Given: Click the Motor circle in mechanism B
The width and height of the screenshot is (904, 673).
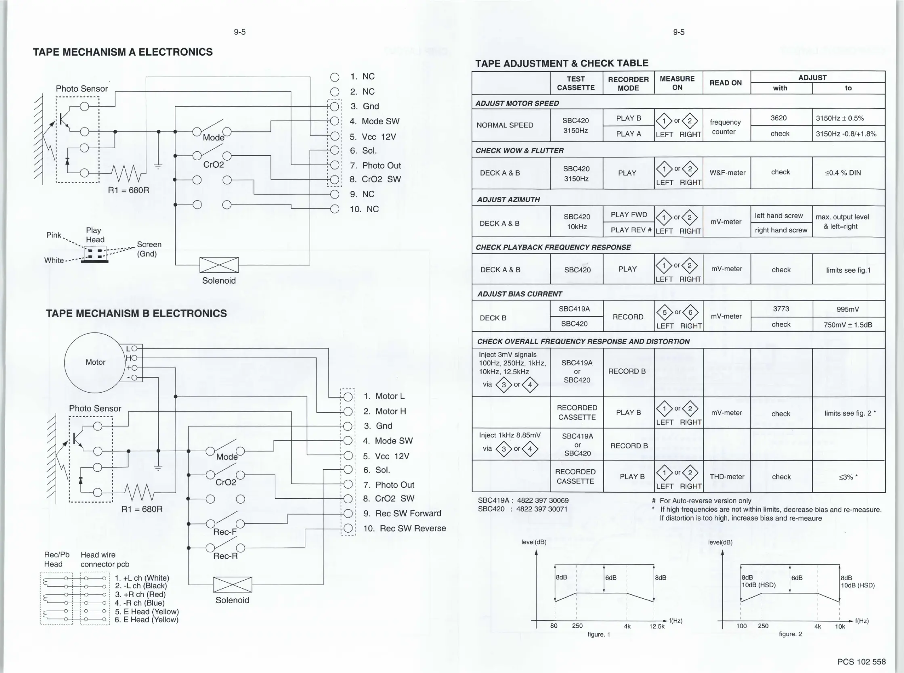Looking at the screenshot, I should pyautogui.click(x=95, y=362).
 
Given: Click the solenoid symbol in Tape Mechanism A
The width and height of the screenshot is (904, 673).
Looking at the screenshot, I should pyautogui.click(x=219, y=265).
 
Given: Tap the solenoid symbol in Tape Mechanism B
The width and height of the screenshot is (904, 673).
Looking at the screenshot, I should pyautogui.click(x=232, y=585).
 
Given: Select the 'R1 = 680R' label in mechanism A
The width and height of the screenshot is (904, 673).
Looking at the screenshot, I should pyautogui.click(x=128, y=190).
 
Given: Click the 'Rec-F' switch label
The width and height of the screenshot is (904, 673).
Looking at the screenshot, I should pyautogui.click(x=224, y=532).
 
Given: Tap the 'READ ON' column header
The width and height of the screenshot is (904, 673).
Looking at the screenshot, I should pyautogui.click(x=726, y=83).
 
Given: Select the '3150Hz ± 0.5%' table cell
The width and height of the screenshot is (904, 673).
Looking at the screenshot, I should pyautogui.click(x=840, y=118).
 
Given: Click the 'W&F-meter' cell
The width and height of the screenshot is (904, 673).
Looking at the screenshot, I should pyautogui.click(x=727, y=173).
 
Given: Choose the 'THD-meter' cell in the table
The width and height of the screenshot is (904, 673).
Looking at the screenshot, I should pyautogui.click(x=727, y=477).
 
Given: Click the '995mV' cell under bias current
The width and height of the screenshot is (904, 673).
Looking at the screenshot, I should pyautogui.click(x=848, y=309).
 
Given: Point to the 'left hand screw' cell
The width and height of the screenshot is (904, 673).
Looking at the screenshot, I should pyautogui.click(x=778, y=215).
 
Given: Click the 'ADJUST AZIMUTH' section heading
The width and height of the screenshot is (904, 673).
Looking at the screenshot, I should pyautogui.click(x=508, y=199).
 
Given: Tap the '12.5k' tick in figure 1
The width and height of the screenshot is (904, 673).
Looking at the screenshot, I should pyautogui.click(x=657, y=626).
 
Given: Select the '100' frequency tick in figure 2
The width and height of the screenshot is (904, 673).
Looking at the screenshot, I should pyautogui.click(x=741, y=626).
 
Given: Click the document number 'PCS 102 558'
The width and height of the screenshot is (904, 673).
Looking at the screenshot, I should pyautogui.click(x=861, y=662).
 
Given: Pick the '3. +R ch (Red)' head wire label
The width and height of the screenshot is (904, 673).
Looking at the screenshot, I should pyautogui.click(x=140, y=594).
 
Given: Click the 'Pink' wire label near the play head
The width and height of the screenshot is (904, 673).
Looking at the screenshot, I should pyautogui.click(x=53, y=235).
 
